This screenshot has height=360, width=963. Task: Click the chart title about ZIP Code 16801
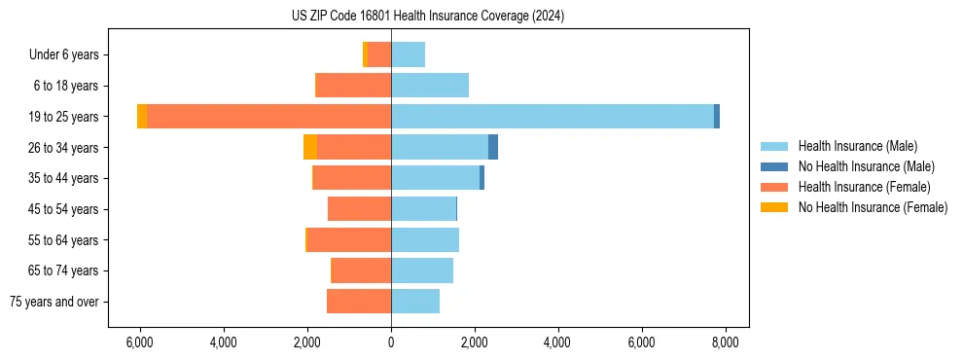pyautogui.click(x=427, y=17)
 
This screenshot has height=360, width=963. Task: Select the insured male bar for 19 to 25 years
pyautogui.click(x=552, y=117)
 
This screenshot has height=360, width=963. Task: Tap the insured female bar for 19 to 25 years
pyautogui.click(x=269, y=117)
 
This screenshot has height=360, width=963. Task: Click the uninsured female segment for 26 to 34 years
pyautogui.click(x=310, y=147)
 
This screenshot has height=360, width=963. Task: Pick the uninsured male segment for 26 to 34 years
pyautogui.click(x=493, y=147)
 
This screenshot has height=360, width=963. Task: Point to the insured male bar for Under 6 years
pyautogui.click(x=409, y=54)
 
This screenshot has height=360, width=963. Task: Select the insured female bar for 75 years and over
pyautogui.click(x=359, y=302)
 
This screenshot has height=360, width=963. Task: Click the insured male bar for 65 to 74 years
pyautogui.click(x=422, y=270)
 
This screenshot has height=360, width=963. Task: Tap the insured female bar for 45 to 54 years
pyautogui.click(x=360, y=209)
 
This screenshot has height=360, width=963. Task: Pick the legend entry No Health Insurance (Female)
pyautogui.click(x=873, y=207)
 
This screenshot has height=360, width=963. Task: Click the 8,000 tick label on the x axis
pyautogui.click(x=725, y=342)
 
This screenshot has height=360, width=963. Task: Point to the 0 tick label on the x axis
pyautogui.click(x=391, y=342)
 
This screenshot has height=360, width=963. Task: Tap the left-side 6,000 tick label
pyautogui.click(x=140, y=342)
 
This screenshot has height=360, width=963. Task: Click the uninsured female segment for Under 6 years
pyautogui.click(x=365, y=54)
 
